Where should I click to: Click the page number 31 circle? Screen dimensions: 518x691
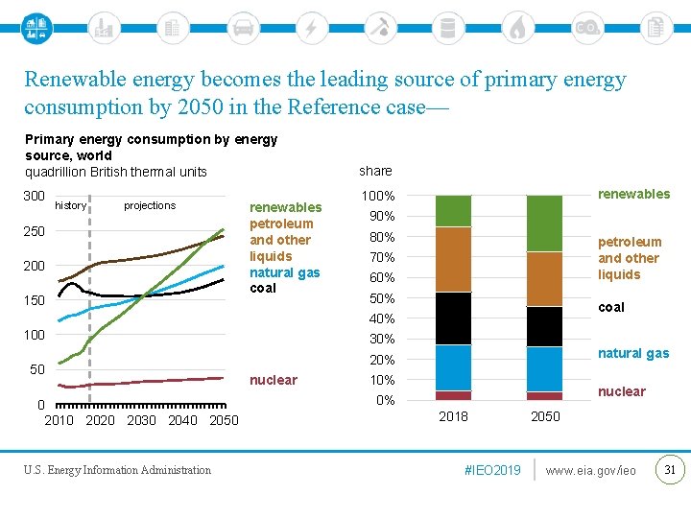[x=669, y=470]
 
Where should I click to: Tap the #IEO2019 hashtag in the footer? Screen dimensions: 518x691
[x=491, y=470]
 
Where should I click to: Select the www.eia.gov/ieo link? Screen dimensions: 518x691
[x=590, y=470]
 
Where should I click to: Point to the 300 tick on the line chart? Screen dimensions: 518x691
[x=34, y=197]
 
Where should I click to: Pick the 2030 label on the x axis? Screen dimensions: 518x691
[x=141, y=420]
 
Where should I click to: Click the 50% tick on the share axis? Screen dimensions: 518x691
[x=382, y=298]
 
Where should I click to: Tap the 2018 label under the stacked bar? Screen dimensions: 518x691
[x=453, y=417]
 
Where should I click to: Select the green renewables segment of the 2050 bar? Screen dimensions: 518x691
[x=544, y=224]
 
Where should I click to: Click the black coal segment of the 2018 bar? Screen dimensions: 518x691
[x=453, y=318]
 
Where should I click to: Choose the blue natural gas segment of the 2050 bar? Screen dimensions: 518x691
[x=544, y=369]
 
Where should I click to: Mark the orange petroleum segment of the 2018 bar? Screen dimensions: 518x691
[x=453, y=259]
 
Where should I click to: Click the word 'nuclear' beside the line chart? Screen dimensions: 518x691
[x=274, y=380]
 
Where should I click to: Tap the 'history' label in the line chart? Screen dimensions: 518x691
[x=71, y=205]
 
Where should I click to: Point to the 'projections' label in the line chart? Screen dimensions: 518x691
[x=150, y=205]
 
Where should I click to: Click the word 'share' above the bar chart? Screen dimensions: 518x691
[x=375, y=171]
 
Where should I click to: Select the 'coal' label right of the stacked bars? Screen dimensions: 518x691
[x=611, y=307]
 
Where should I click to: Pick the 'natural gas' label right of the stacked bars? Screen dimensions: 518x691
[x=633, y=353]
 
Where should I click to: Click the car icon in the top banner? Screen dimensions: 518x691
[x=243, y=27]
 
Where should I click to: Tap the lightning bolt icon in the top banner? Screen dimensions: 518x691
[x=311, y=27]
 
